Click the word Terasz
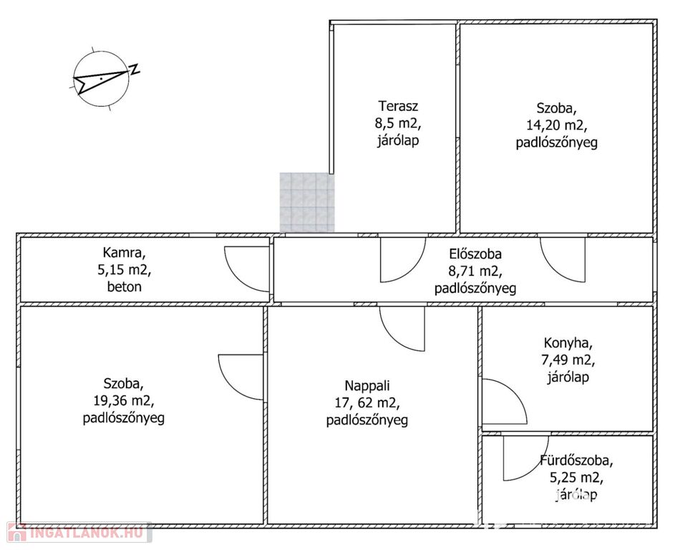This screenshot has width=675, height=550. pyautogui.click(x=398, y=106)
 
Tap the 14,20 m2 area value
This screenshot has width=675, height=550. pyautogui.click(x=556, y=125)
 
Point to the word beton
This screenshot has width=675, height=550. pyautogui.click(x=124, y=287)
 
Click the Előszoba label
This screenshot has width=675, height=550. pyautogui.click(x=475, y=254)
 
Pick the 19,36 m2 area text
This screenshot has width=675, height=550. pyautogui.click(x=124, y=401)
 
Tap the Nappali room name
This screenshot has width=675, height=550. pyautogui.click(x=366, y=386)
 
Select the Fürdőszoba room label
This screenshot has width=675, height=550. pyautogui.click(x=576, y=461)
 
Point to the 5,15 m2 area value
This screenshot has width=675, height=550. pyautogui.click(x=124, y=270)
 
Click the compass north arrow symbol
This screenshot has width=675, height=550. pyautogui.click(x=101, y=78)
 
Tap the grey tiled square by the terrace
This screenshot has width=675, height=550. pyautogui.click(x=307, y=203)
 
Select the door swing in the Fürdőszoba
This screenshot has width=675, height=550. pyautogui.click(x=526, y=458)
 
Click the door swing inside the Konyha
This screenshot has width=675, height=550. pyautogui.click(x=504, y=402)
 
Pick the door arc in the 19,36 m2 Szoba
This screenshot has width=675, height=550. pyautogui.click(x=241, y=377)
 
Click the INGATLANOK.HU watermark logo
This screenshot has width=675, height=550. pyautogui.click(x=79, y=532)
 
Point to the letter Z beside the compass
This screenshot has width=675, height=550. pyautogui.click(x=135, y=69)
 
